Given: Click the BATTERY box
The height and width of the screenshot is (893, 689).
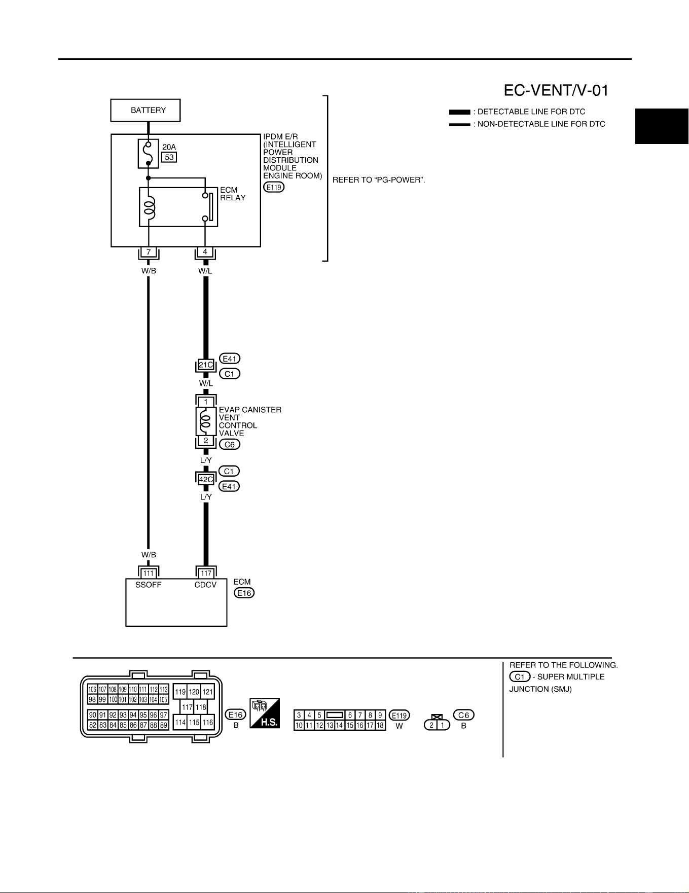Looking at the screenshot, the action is point(146,110).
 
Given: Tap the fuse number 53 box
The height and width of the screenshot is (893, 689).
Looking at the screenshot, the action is point(169,157).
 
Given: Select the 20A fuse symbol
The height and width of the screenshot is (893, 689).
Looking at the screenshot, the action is point(148,154).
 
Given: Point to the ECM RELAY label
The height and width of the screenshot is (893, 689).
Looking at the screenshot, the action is point(233,194).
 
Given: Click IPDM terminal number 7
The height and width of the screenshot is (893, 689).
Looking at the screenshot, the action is point(149,252).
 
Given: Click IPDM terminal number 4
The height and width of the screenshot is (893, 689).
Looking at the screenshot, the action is point(205,252).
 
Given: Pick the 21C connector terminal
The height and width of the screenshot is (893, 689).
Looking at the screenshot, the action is point(206,365).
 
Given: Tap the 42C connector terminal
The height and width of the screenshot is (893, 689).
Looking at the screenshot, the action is point(206,479).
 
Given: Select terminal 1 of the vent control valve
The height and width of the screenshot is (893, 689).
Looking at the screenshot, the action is point(206,402).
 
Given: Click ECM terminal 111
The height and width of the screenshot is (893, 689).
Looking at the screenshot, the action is point(149,574).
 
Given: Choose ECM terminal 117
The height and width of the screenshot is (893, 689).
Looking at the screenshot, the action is point(206,574).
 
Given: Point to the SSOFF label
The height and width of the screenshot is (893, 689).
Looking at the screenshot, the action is point(149,585).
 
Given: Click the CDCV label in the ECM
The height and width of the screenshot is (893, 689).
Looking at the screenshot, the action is point(205,585).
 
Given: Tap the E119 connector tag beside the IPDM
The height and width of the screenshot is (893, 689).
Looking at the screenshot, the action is point(274,187).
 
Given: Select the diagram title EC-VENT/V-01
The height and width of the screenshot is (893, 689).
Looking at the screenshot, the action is point(556,90).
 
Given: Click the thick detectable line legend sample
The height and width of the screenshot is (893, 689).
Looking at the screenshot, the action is point(459,112).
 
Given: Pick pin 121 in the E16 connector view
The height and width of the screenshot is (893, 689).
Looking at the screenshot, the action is point(208,692).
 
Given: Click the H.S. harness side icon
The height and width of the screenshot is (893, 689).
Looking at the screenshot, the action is point(265,713).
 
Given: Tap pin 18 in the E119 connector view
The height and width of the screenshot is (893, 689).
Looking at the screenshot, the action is point(380,725).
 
